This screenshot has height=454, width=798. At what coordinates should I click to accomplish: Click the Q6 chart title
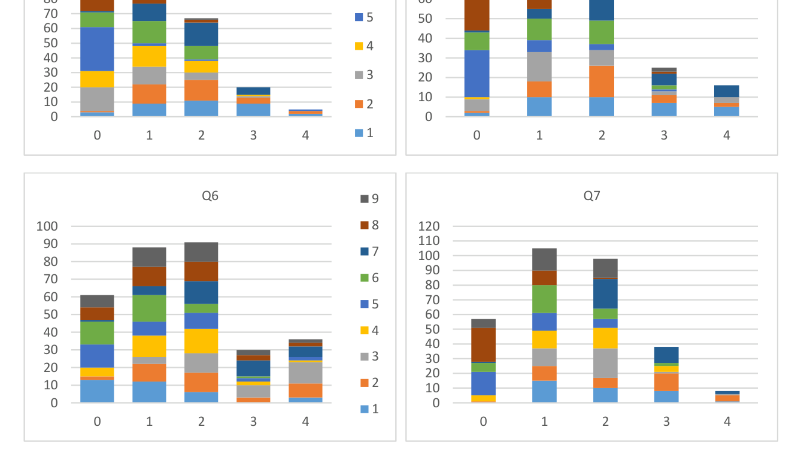pos(210,196)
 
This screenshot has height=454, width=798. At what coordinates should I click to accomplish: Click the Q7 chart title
pos(591,196)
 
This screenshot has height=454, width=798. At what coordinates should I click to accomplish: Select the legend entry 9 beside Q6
pos(370,199)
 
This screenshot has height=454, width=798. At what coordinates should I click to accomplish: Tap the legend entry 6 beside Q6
pos(370,278)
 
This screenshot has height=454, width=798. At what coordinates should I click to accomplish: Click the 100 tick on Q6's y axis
pos(47,226)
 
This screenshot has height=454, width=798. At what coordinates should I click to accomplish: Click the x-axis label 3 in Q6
pos(253,422)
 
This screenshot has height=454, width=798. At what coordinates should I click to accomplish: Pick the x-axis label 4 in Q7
pos(727,422)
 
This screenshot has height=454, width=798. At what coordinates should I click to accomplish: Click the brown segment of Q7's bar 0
pos(483,344)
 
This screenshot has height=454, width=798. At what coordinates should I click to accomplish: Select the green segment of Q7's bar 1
pos(544,299)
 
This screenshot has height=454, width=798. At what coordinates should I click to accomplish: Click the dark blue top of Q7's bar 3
pos(666,355)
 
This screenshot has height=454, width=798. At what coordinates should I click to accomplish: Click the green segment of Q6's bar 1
pos(149,308)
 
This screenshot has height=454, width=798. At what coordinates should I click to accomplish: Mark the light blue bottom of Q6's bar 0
pos(97,391)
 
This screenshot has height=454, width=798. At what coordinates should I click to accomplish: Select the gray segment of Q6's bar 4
pos(305,373)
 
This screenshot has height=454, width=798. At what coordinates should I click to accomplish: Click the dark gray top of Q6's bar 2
pos(201,252)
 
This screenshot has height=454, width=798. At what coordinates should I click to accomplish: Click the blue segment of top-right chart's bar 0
pos(477,73)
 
